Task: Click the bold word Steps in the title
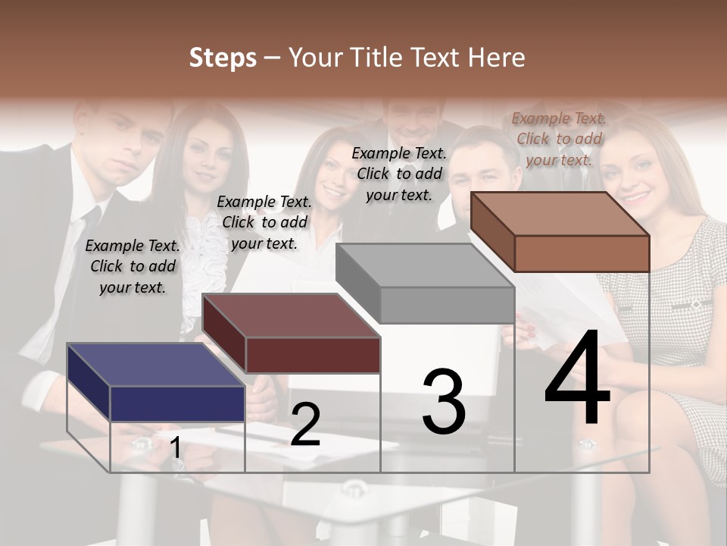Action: pyautogui.click(x=223, y=58)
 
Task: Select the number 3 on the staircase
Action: pyautogui.click(x=443, y=402)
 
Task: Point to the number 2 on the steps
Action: pyautogui.click(x=305, y=425)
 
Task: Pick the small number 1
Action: pyautogui.click(x=176, y=447)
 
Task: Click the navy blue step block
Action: pyautogui.click(x=156, y=383)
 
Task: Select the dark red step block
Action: pyautogui.click(x=292, y=334)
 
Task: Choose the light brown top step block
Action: pyautogui.click(x=560, y=231)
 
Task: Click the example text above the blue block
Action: pyautogui.click(x=133, y=266)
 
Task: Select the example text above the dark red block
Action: pyautogui.click(x=264, y=222)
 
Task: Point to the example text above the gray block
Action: pyautogui.click(x=399, y=174)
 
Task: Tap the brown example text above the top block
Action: pyautogui.click(x=559, y=139)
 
